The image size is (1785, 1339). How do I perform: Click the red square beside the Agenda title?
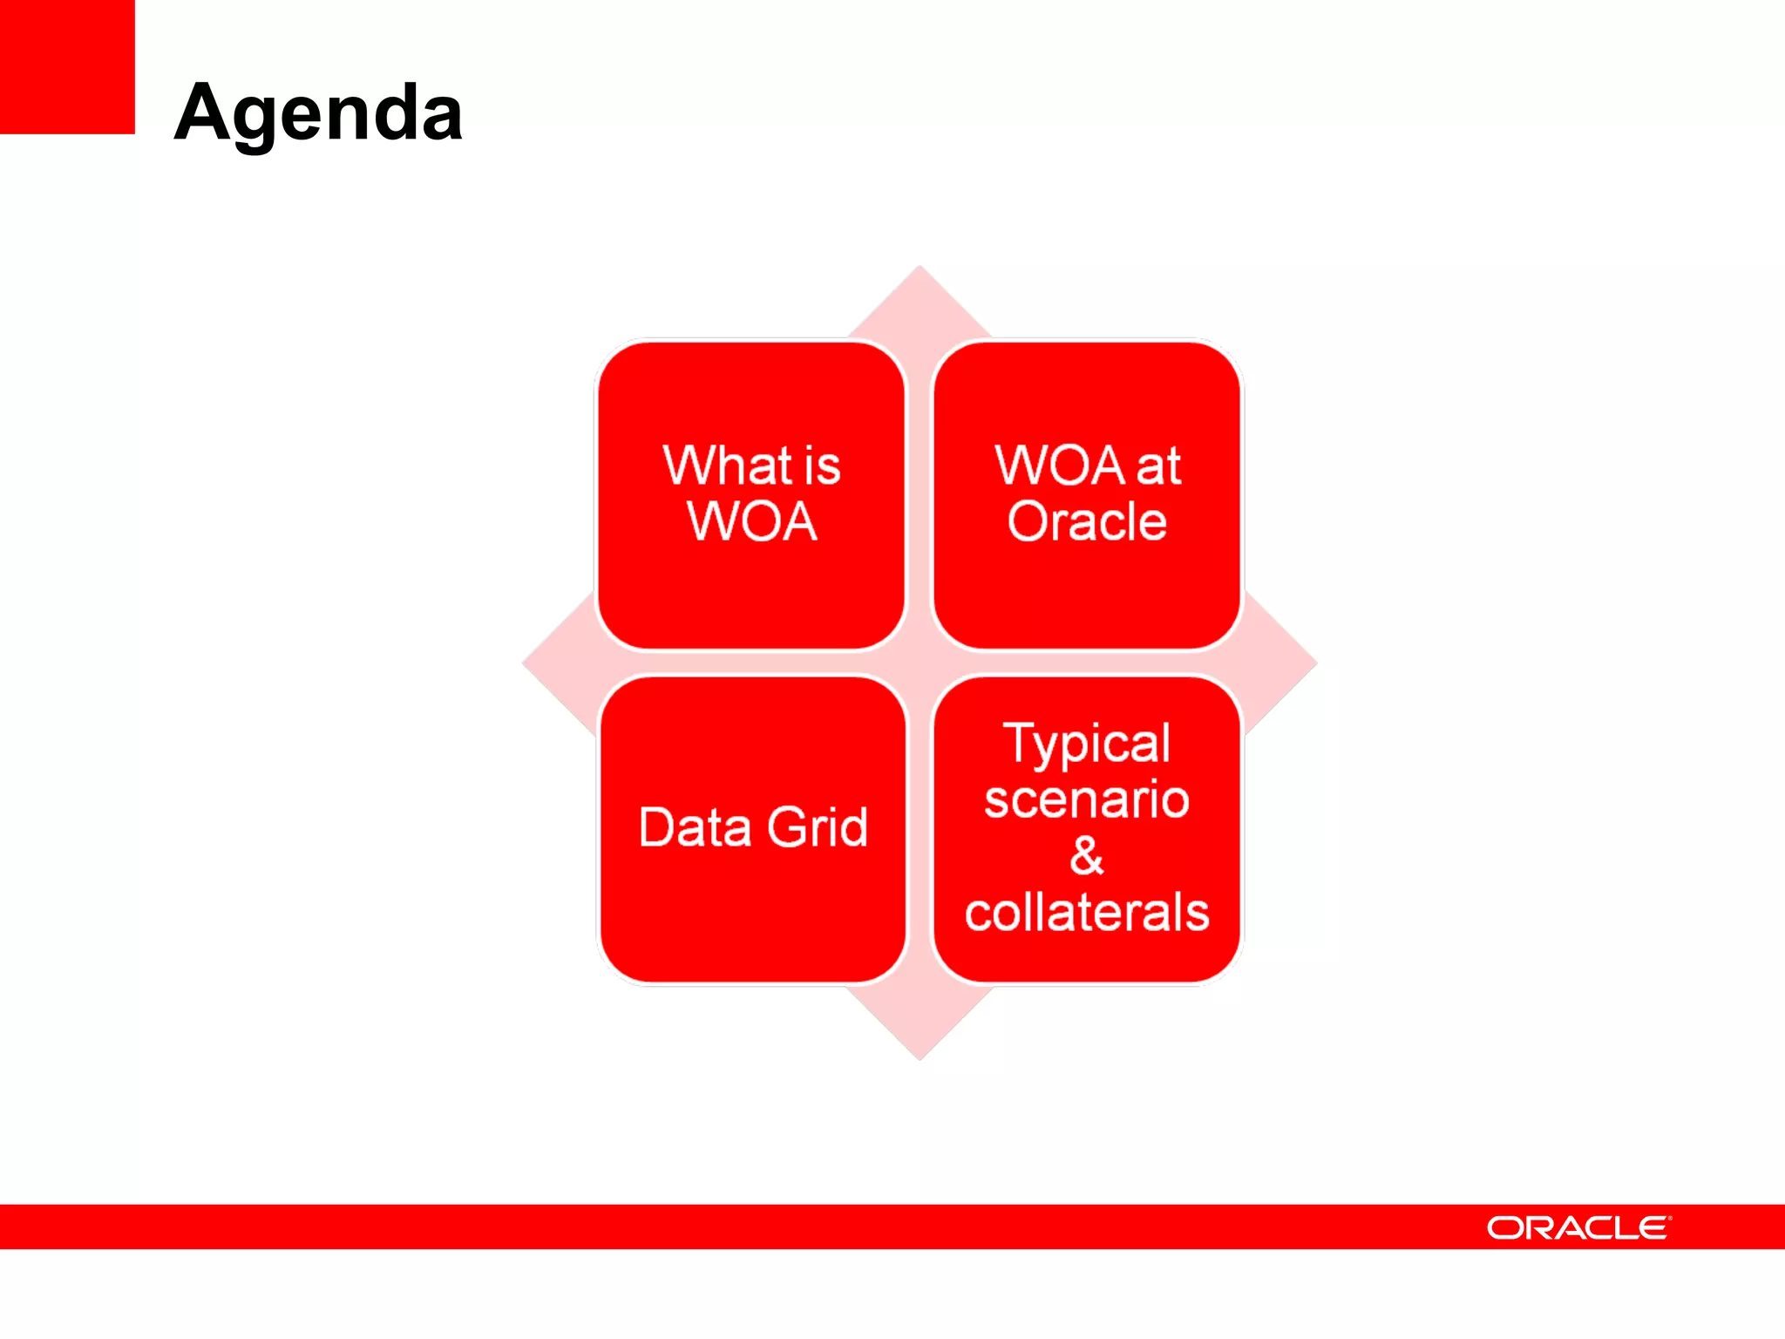(x=67, y=66)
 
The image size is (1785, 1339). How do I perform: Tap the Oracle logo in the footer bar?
(x=1578, y=1227)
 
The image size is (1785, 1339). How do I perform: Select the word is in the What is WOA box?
(x=822, y=467)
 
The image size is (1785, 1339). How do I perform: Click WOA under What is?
(x=751, y=522)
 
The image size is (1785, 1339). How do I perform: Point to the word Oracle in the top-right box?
(x=1087, y=522)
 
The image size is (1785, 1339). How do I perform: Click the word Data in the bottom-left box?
(x=695, y=827)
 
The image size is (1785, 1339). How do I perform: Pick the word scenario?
(x=1087, y=799)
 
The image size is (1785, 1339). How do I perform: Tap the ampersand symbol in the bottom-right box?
(x=1087, y=856)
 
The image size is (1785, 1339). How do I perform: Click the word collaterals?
(x=1087, y=913)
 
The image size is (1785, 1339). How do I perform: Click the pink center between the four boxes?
(x=920, y=663)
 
